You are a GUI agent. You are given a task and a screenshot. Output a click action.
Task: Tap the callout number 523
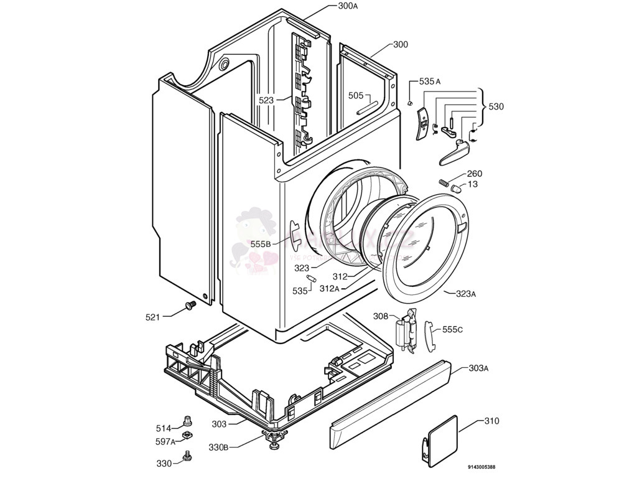coord(266,100)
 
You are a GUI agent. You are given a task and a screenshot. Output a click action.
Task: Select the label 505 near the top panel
coord(356,95)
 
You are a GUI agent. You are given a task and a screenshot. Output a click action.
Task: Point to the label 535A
coord(430,82)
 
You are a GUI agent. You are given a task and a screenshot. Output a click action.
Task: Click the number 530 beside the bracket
coord(496,107)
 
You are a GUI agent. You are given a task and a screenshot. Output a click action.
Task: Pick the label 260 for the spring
coord(474,174)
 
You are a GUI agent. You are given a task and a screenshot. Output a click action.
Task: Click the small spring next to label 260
coord(444,182)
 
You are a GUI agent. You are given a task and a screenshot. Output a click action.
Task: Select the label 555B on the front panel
coord(261,245)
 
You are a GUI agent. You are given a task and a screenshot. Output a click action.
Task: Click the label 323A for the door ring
coord(466,294)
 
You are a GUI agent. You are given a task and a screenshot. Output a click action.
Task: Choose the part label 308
coord(381,316)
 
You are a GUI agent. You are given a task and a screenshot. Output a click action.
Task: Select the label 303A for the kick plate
coord(478,368)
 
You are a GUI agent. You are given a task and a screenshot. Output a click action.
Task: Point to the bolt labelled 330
coord(185,459)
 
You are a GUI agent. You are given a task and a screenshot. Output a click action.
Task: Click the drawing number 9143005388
coord(482,467)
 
